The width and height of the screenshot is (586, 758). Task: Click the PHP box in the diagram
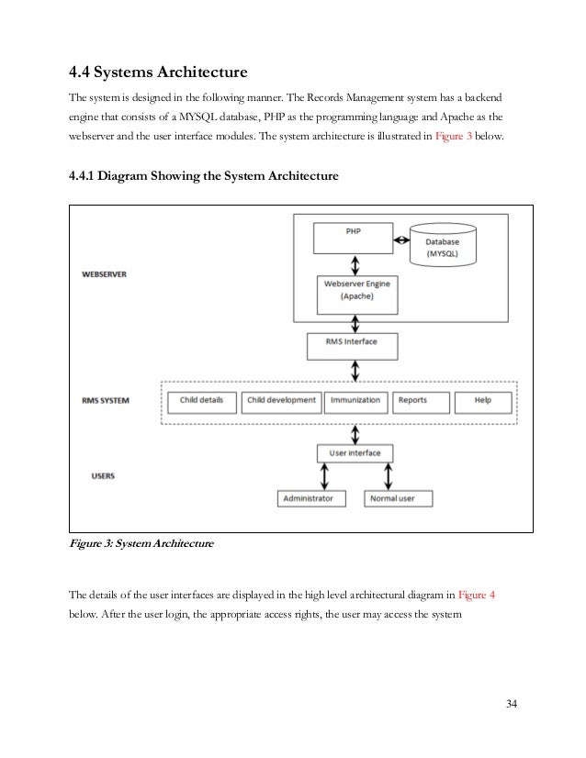click(354, 239)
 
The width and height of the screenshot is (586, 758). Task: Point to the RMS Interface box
click(354, 345)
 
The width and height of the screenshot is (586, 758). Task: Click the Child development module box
click(281, 400)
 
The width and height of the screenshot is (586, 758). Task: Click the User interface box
click(354, 452)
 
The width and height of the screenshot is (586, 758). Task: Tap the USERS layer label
click(104, 476)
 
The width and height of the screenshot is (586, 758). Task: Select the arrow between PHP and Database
click(401, 240)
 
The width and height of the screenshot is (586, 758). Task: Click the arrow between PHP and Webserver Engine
click(354, 264)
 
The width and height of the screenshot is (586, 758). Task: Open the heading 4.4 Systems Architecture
click(160, 72)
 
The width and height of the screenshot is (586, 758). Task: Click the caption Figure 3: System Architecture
click(141, 544)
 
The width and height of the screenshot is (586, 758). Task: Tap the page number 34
click(511, 704)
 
